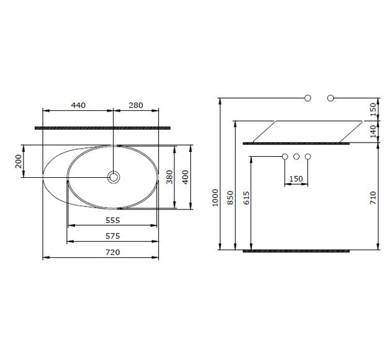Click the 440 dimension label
click(x=78, y=105)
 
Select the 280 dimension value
click(x=135, y=105)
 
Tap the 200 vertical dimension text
click(x=19, y=161)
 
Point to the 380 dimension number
click(x=169, y=177)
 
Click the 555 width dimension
click(x=112, y=220)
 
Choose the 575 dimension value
click(x=112, y=236)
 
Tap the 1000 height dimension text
click(x=215, y=197)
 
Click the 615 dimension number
click(x=246, y=198)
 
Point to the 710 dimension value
click(x=373, y=198)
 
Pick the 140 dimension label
click(x=373, y=131)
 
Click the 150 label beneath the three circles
click(x=296, y=179)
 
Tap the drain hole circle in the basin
click(x=114, y=177)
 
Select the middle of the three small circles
click(x=296, y=157)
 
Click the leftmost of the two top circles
click(x=308, y=98)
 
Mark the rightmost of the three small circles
click(x=308, y=157)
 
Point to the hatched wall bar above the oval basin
click(x=102, y=127)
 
